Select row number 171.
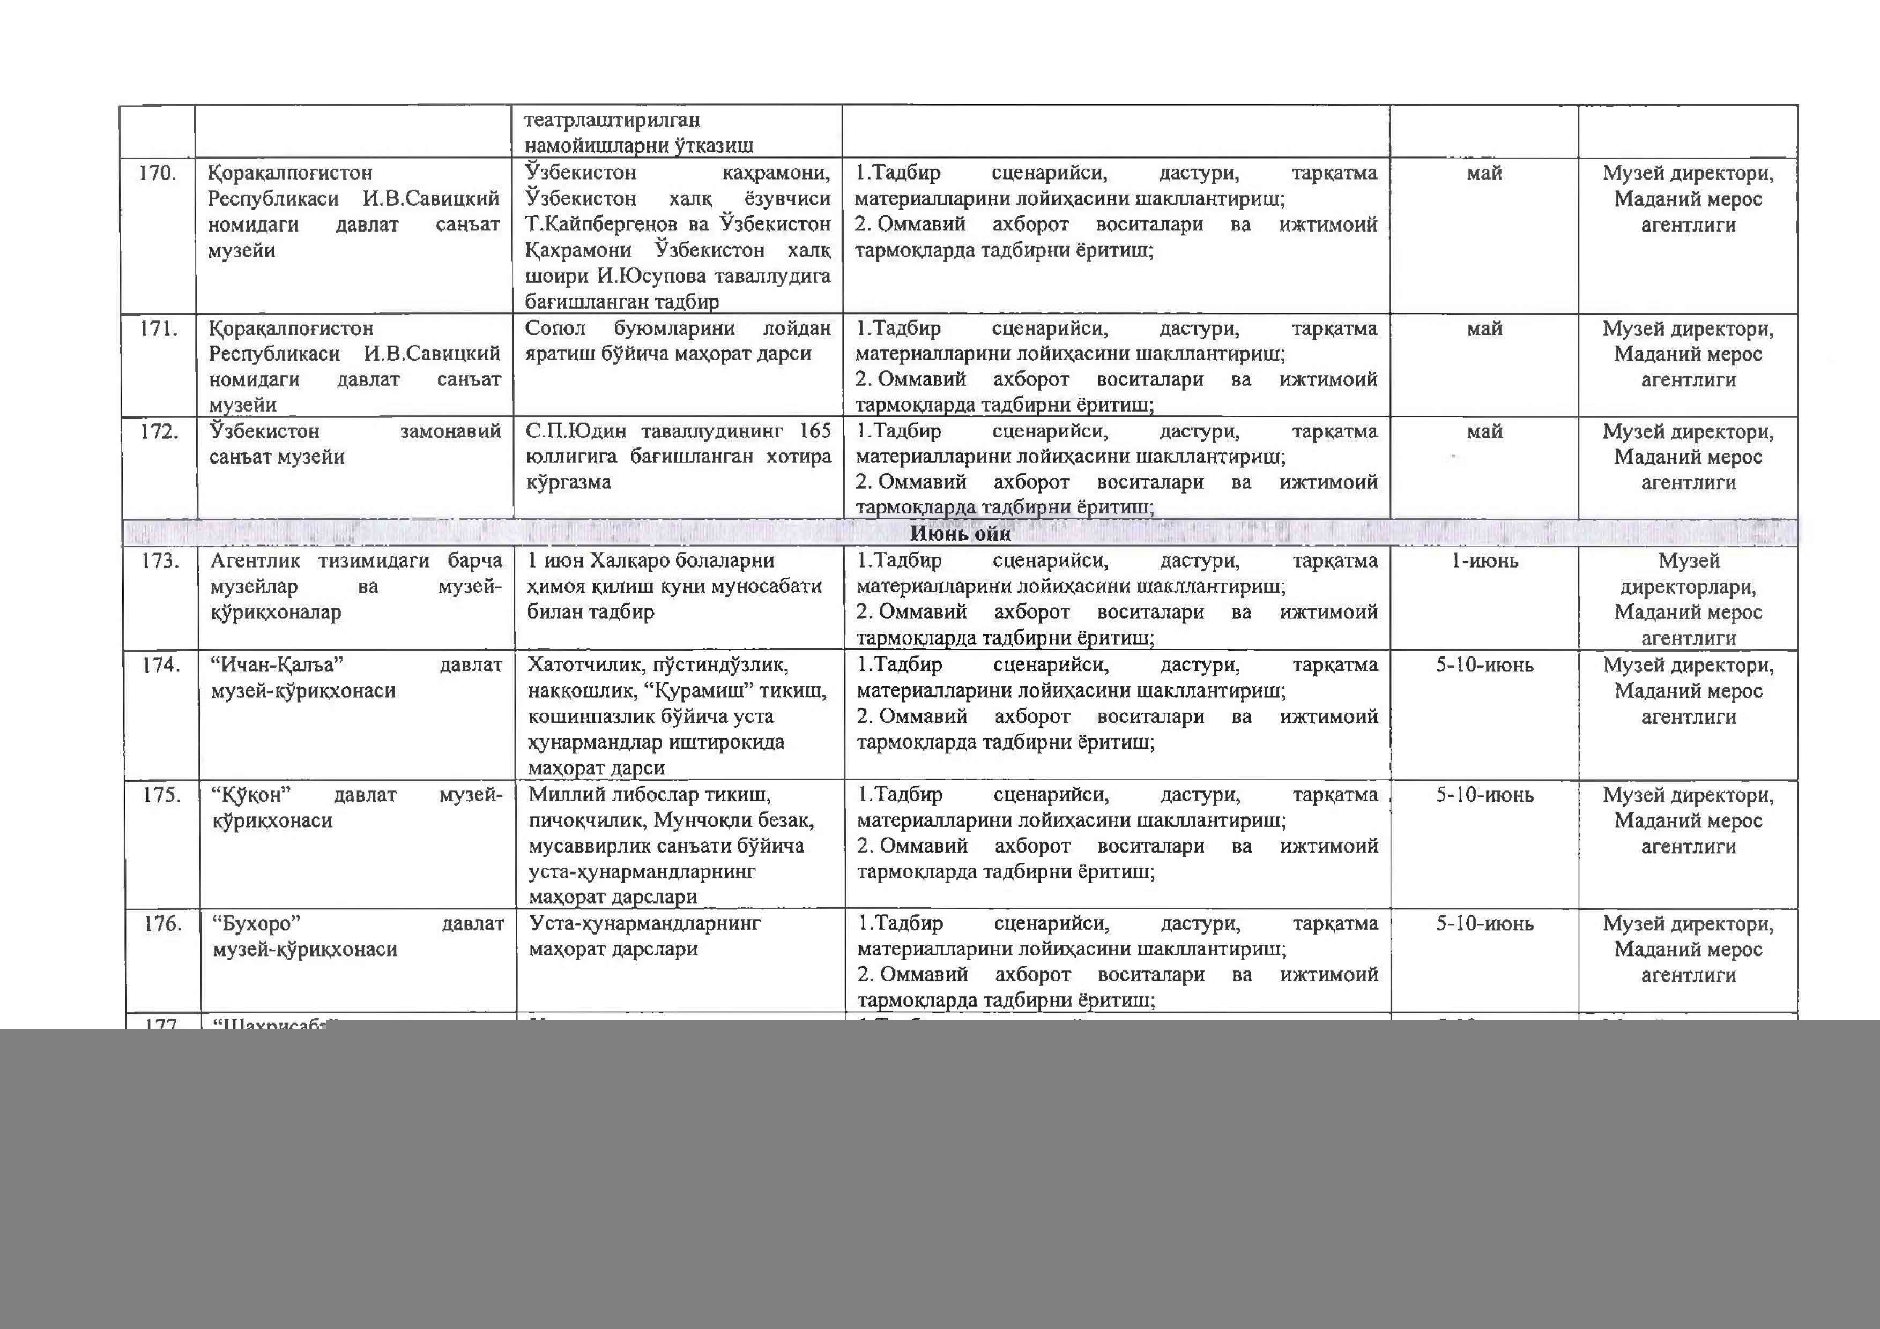(159, 329)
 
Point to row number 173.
(160, 562)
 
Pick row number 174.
(160, 666)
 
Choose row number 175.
(161, 795)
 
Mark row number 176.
(162, 924)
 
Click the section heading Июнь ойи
(961, 534)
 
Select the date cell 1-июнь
(1484, 562)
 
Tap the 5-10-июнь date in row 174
(1484, 666)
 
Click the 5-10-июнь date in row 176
(1484, 924)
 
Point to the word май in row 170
(1484, 174)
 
